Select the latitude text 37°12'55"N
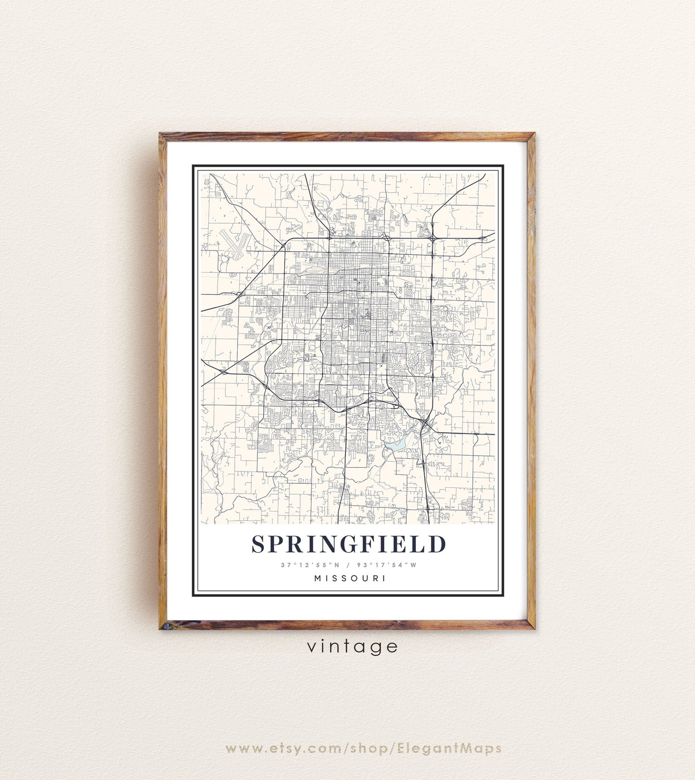coord(310,565)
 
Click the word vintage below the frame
coord(352,646)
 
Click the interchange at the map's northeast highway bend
coord(432,239)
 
